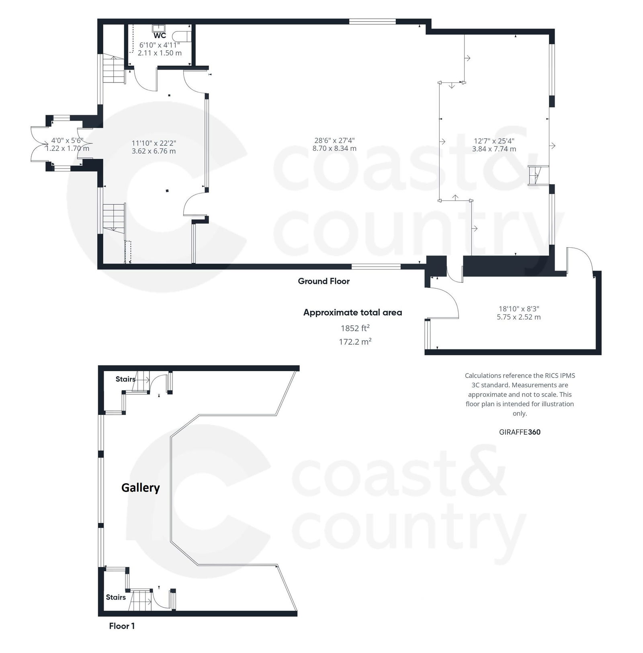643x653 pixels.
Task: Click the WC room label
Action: click(160, 36)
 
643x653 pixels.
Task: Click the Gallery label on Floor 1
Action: click(141, 488)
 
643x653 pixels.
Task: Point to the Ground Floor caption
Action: click(324, 281)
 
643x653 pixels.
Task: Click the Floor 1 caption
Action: click(122, 626)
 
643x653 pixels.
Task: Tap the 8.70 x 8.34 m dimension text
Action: click(334, 148)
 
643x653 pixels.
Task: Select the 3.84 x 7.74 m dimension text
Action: click(494, 149)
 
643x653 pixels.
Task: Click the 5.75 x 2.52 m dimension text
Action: click(518, 317)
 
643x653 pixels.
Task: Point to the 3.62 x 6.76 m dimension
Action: click(154, 151)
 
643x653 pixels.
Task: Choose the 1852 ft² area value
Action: click(355, 328)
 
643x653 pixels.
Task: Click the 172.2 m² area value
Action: click(355, 342)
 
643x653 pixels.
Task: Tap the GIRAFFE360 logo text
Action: click(519, 432)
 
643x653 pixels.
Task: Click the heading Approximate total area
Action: click(352, 312)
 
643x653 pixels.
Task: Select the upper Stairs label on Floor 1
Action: click(125, 379)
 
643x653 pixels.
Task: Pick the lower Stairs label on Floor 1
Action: click(116, 597)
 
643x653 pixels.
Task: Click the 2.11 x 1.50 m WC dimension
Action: click(160, 53)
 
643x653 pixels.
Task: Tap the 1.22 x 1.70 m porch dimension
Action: click(67, 148)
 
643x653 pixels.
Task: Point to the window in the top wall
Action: click(372, 22)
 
